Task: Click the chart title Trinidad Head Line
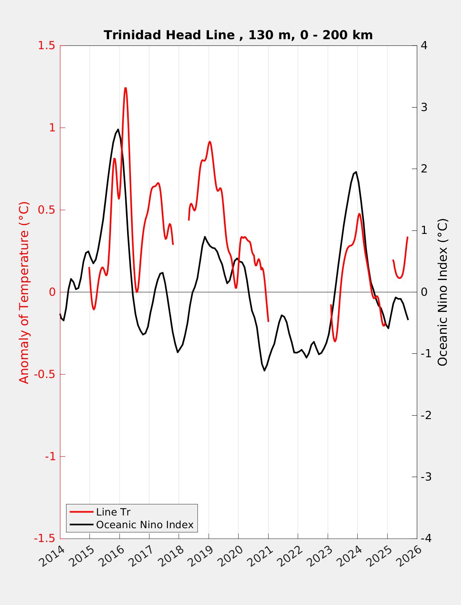click(238, 35)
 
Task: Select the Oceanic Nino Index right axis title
click(443, 292)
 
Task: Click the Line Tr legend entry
click(113, 512)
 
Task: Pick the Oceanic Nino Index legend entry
click(144, 525)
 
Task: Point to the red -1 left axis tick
click(49, 457)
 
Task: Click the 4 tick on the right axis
click(424, 45)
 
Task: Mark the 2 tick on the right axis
click(424, 169)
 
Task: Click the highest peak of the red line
click(125, 88)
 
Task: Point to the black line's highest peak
click(118, 129)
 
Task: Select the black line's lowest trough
click(264, 370)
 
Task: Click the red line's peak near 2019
click(209, 142)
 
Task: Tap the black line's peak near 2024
click(356, 172)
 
